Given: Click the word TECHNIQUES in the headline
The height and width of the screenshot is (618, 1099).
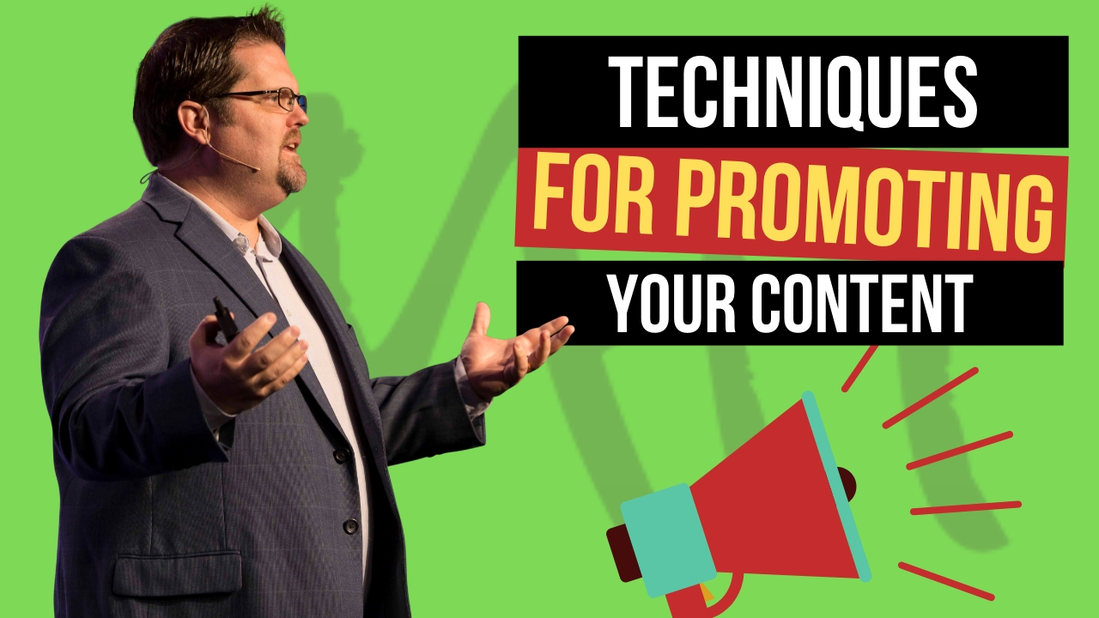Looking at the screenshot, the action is tap(793, 92).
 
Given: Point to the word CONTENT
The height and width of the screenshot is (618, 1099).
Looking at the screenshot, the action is tap(862, 304).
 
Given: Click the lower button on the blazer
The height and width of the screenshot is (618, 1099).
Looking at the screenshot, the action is tap(350, 526).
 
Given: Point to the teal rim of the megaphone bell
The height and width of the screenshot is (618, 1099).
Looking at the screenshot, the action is tap(836, 486).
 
